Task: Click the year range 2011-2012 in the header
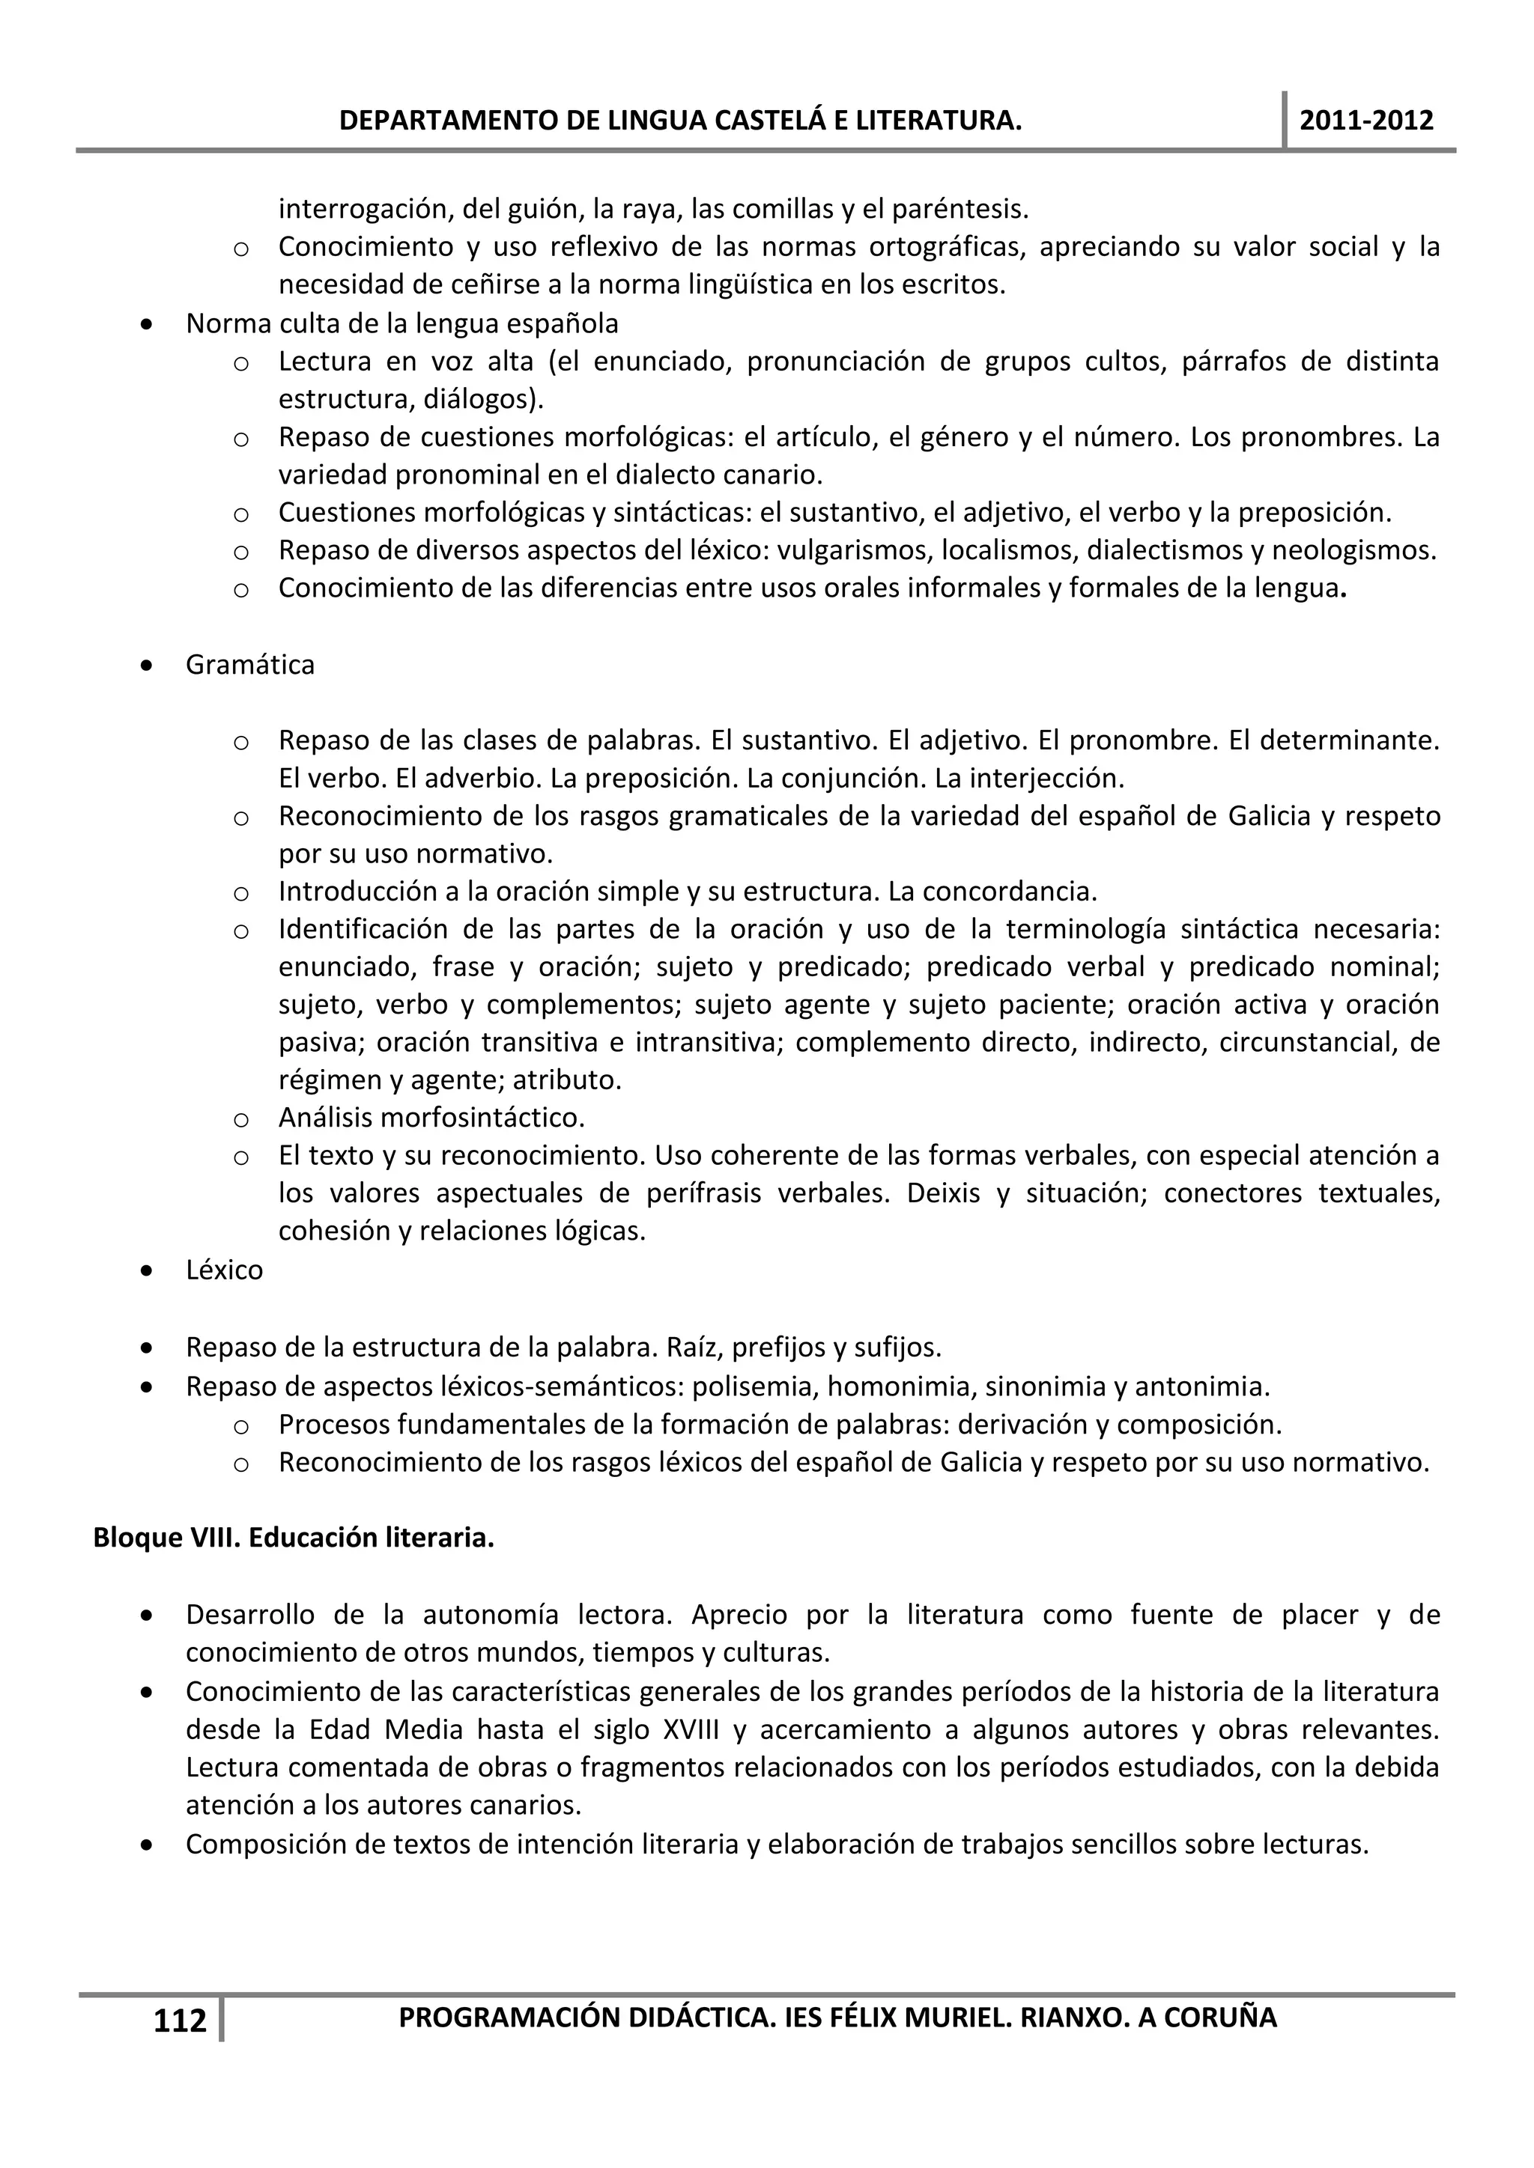pos(1366,121)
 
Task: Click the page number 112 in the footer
pos(180,2021)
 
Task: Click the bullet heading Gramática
pos(249,665)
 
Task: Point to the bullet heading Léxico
pos(224,1270)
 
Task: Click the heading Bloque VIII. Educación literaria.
pos(294,1538)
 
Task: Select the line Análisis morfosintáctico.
pos(431,1118)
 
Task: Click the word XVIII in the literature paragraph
pos(690,1730)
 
